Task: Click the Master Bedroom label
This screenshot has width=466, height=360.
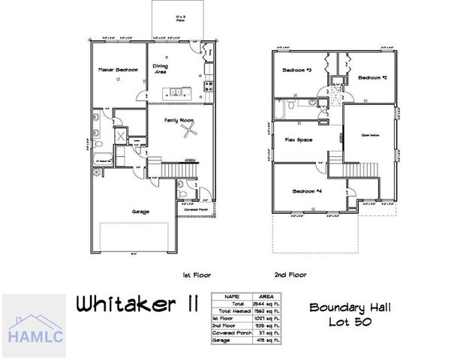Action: pos(118,70)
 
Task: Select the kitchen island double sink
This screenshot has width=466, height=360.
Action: pos(176,93)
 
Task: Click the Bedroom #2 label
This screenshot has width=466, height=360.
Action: pos(371,77)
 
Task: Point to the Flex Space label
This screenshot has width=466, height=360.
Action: pos(299,139)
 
